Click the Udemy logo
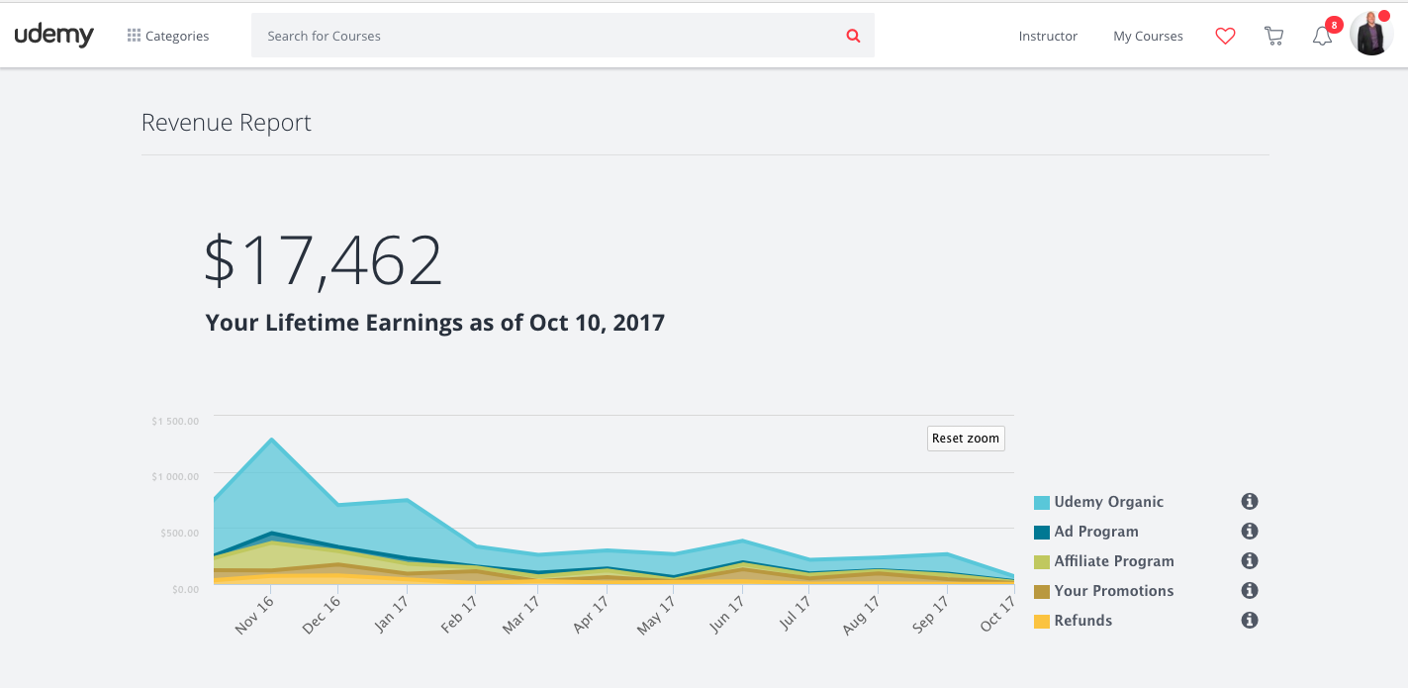53,36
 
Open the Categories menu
168,37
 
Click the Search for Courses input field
544,36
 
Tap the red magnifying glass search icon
853,36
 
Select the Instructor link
1048,37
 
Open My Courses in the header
1148,37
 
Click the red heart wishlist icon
1225,37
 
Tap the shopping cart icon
1273,37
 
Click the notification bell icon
1322,37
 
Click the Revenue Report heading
227,123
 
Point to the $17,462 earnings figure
323,261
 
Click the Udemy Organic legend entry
1108,502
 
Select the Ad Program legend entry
1095,532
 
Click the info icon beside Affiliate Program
1250,561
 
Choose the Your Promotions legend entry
1113,591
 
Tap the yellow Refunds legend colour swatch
1041,622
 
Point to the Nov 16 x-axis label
255,615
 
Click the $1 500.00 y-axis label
175,421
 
